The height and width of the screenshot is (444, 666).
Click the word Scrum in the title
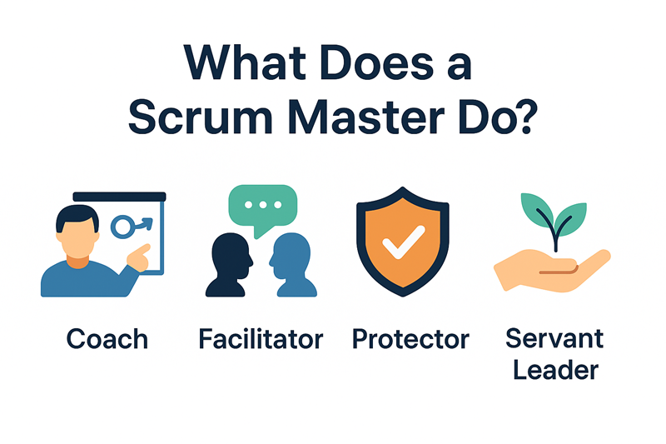[x=200, y=117]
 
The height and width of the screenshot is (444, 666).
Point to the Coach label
[x=107, y=339]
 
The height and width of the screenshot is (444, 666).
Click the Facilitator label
[x=261, y=339]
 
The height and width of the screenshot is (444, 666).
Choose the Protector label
[x=410, y=339]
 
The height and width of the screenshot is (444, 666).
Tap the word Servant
[x=554, y=338]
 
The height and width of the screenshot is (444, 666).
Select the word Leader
[x=555, y=369]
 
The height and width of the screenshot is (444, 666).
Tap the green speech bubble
[x=263, y=209]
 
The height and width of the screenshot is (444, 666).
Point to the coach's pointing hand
[x=139, y=257]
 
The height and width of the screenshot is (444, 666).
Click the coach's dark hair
[x=77, y=217]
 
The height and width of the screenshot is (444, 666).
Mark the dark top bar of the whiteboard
[x=119, y=197]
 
